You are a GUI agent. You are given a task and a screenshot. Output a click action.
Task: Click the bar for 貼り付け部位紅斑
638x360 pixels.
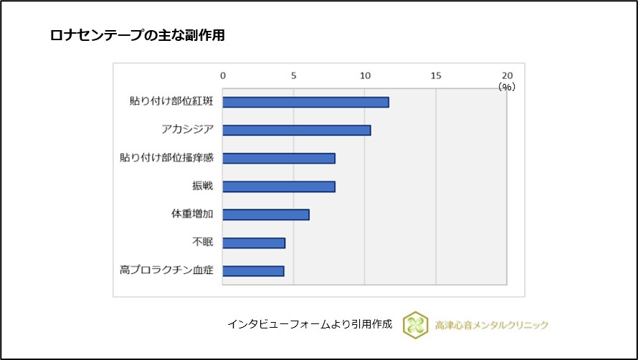(305, 102)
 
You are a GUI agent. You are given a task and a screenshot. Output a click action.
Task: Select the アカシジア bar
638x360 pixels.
(297, 130)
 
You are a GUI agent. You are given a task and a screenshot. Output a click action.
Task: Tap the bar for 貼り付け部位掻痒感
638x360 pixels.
(279, 158)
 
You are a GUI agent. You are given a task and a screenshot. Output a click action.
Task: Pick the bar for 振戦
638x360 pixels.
(279, 186)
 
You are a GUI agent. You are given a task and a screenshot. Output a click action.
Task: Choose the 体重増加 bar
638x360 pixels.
(266, 214)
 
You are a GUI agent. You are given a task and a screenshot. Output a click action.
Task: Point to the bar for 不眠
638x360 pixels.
(254, 242)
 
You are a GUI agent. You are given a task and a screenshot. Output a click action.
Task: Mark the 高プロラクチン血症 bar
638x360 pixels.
(253, 270)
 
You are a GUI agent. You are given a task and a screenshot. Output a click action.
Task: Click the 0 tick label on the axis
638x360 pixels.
(223, 75)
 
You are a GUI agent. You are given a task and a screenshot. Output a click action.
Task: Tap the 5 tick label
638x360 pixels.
(294, 75)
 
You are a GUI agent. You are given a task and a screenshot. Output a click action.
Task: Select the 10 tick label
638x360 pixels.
(365, 75)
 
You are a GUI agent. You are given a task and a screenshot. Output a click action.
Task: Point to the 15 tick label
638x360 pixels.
(436, 75)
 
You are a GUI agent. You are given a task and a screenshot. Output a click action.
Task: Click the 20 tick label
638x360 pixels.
(508, 75)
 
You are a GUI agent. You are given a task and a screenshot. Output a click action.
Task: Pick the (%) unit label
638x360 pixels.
(507, 86)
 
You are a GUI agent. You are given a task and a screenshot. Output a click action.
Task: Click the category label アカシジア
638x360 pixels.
(188, 130)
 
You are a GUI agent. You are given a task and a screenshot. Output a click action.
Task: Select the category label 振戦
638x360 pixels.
(203, 186)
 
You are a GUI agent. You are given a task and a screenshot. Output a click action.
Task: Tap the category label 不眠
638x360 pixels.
(203, 242)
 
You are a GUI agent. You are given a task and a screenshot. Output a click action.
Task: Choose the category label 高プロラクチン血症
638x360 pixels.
(167, 270)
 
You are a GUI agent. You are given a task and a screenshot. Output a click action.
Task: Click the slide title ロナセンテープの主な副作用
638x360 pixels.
(137, 35)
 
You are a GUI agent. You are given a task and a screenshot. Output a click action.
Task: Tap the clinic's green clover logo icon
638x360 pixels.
(415, 324)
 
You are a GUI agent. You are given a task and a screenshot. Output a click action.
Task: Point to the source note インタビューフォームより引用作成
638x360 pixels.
(310, 324)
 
